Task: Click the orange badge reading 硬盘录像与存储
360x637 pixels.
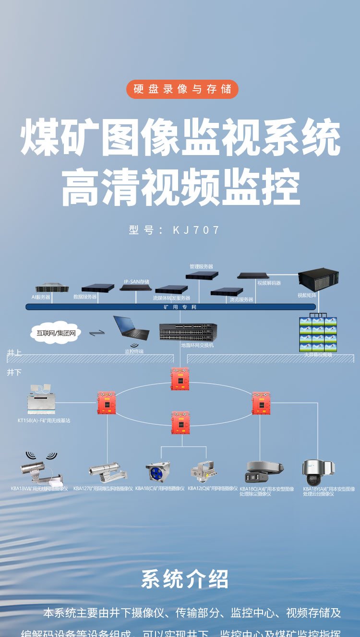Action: (182, 89)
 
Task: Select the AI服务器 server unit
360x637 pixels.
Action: (51, 288)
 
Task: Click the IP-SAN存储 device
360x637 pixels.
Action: (136, 287)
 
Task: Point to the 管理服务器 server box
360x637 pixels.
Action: (202, 275)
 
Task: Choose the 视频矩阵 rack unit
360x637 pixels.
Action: (318, 280)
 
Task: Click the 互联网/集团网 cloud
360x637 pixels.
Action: (56, 332)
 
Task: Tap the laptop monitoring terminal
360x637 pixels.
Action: (130, 329)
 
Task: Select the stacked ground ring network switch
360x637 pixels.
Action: (188, 332)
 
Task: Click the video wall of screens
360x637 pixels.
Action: (318, 335)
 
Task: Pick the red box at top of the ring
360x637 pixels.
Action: (180, 379)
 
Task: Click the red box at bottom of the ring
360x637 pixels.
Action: (180, 423)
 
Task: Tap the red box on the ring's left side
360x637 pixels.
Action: (106, 403)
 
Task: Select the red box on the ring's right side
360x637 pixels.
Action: (261, 403)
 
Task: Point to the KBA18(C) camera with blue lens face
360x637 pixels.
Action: (158, 472)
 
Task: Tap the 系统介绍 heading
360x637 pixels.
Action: (185, 579)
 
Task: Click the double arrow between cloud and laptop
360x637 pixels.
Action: (97, 332)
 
